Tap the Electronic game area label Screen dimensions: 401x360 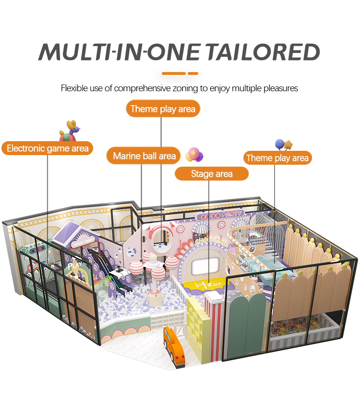48,148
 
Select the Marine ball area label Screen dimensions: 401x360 144,156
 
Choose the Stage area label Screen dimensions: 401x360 211,173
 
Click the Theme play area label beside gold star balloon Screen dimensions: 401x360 277,158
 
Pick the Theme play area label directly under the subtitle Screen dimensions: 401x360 163,109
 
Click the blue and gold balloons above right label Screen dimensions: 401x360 283,144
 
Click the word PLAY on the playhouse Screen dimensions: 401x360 74,264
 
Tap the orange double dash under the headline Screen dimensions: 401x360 180,73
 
